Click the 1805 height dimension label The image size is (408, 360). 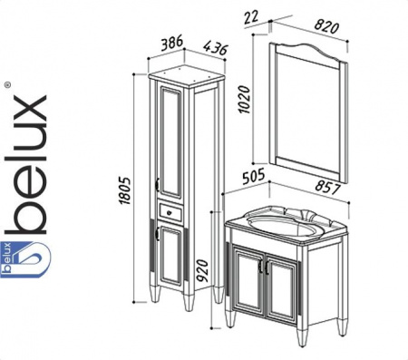pyautogui.click(x=125, y=190)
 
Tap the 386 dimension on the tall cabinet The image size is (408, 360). pyautogui.click(x=172, y=43)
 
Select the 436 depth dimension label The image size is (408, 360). pyautogui.click(x=215, y=48)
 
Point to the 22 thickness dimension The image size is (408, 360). pyautogui.click(x=251, y=17)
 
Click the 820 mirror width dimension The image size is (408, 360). pyautogui.click(x=326, y=25)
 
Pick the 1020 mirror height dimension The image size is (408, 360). pyautogui.click(x=244, y=100)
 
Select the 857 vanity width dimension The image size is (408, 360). pyautogui.click(x=327, y=187)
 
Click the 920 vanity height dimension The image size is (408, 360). pyautogui.click(x=202, y=270)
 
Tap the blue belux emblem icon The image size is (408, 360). pyautogui.click(x=25, y=259)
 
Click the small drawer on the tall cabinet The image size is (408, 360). pyautogui.click(x=171, y=211)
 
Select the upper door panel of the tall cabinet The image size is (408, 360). pyautogui.click(x=171, y=142)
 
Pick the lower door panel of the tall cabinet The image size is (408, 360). pyautogui.click(x=171, y=256)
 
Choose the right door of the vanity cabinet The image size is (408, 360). pyautogui.click(x=282, y=291)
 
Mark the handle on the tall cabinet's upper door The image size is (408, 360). pyautogui.click(x=158, y=184)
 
